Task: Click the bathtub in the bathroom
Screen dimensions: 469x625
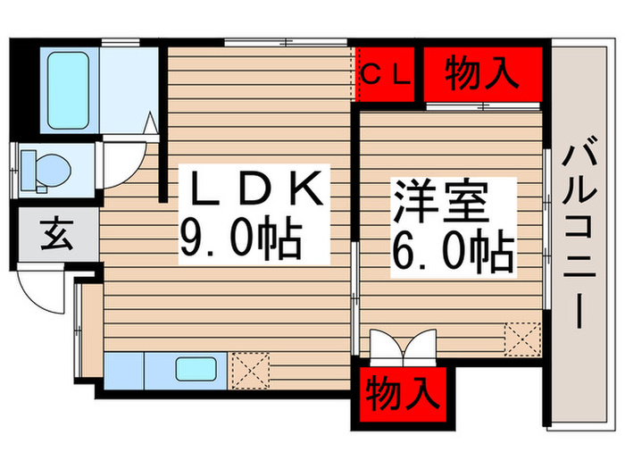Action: (x=70, y=83)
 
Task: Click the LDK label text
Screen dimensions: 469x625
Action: (x=252, y=191)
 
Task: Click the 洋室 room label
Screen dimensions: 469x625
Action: (x=438, y=205)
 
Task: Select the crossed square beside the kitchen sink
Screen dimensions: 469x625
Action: (x=249, y=367)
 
